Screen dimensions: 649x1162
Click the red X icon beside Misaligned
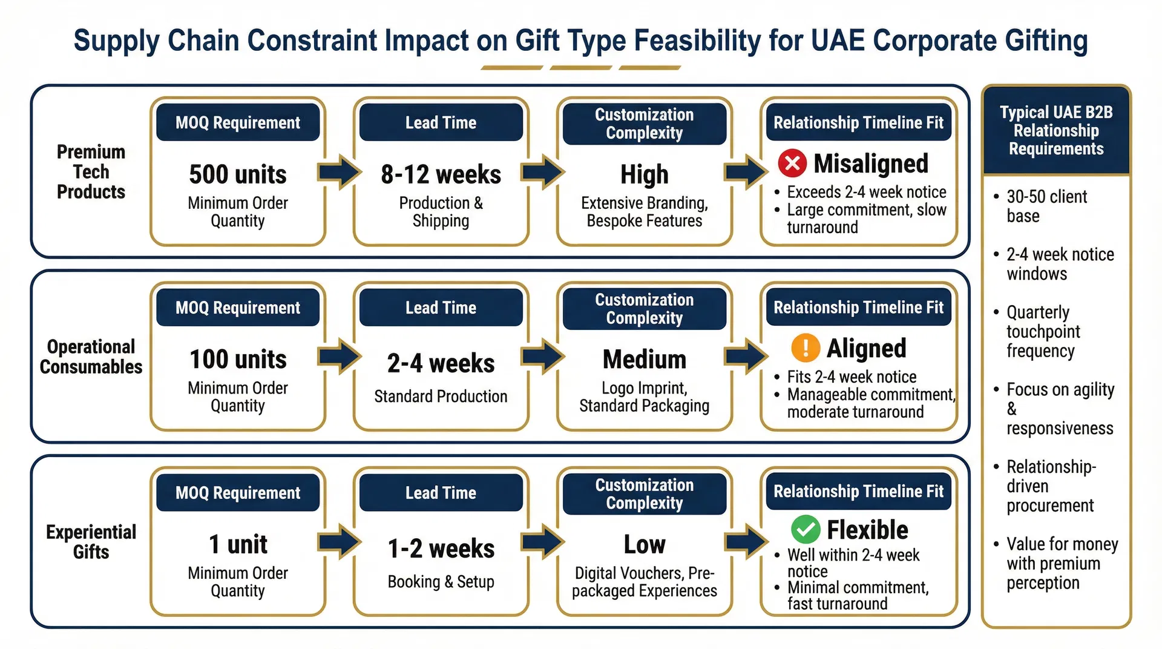pos(792,163)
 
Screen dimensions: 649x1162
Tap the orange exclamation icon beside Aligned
pos(806,348)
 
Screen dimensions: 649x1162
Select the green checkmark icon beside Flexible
pos(806,530)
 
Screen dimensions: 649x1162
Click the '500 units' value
pos(238,174)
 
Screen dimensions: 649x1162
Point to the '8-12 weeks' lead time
pos(441,174)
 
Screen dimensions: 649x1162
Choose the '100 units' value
pos(238,359)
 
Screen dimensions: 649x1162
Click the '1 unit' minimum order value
pos(238,544)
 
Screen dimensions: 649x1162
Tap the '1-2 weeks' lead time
pos(441,549)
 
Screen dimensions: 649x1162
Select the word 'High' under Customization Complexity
pos(644,174)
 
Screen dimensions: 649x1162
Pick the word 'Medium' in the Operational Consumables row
pos(644,359)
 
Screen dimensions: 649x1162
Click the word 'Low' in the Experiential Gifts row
pos(644,544)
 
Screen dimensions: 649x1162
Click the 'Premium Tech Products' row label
pos(91,171)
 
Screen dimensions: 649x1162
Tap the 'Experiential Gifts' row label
pos(91,541)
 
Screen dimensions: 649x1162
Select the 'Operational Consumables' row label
pos(91,356)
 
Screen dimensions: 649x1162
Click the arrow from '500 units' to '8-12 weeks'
pos(340,172)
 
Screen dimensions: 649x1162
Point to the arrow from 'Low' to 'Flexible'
pos(746,541)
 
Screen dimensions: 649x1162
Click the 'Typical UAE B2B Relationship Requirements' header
pos(1056,130)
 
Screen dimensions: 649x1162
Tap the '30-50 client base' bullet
pos(1046,206)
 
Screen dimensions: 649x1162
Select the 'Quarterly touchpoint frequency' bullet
pos(1043,331)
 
